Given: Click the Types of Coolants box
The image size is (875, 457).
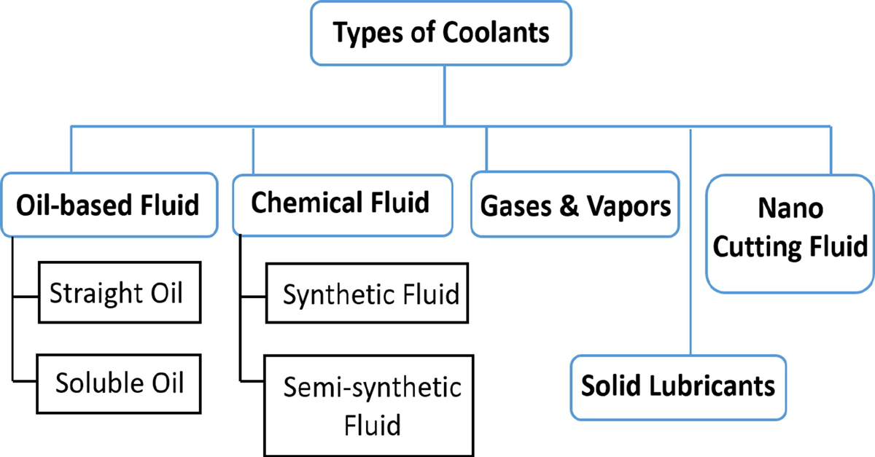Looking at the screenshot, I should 442,32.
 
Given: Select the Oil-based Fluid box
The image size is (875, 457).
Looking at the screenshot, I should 107,204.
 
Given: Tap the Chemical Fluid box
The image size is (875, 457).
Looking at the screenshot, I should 341,202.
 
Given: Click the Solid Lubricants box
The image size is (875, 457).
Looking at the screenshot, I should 677,386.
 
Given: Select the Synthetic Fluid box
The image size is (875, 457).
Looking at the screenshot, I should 366,294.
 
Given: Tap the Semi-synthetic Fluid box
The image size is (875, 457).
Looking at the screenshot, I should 366,405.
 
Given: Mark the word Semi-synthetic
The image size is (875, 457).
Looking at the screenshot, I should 372,387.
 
